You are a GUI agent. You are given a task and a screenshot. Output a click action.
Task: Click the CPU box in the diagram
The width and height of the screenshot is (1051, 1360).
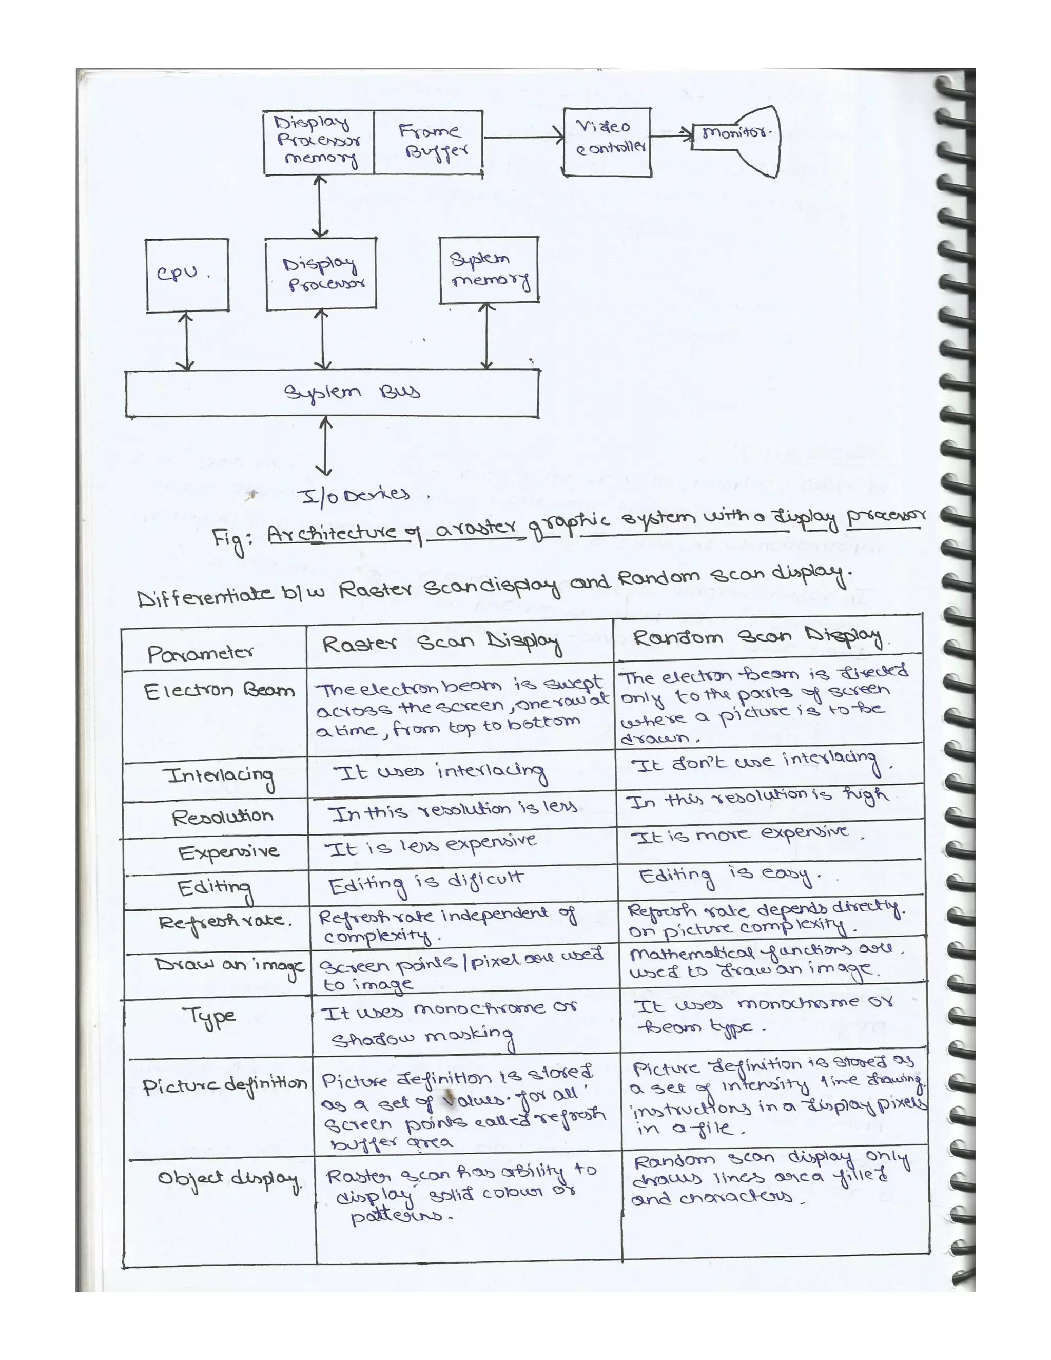pos(187,275)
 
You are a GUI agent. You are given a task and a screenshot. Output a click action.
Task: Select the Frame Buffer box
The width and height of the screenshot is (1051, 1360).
pos(429,143)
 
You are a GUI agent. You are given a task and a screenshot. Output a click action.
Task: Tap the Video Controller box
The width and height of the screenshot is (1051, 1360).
pos(607,142)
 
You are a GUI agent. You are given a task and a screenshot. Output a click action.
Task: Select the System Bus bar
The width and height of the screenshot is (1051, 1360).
pos(332,393)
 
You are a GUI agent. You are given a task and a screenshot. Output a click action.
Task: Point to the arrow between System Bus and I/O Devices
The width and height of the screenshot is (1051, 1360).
pos(324,446)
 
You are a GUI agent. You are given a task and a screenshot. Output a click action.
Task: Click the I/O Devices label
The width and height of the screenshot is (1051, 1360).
pos(355,495)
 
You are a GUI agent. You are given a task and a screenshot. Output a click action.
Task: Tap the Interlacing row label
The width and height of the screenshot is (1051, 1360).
pos(220,776)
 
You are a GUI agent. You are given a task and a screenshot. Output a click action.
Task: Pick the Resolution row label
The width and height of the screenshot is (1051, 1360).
pos(222,817)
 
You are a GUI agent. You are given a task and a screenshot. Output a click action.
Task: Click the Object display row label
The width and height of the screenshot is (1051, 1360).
pos(228,1179)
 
